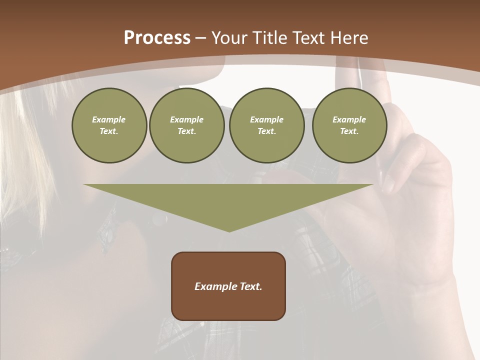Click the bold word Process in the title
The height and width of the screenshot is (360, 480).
[157, 38]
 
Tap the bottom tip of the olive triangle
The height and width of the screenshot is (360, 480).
[229, 230]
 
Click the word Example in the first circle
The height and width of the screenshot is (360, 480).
[109, 119]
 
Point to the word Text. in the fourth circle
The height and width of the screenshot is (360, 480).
[349, 131]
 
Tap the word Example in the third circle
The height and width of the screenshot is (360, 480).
[266, 119]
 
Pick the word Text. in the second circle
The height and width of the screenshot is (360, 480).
[186, 131]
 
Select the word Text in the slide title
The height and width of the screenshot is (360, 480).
[308, 38]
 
